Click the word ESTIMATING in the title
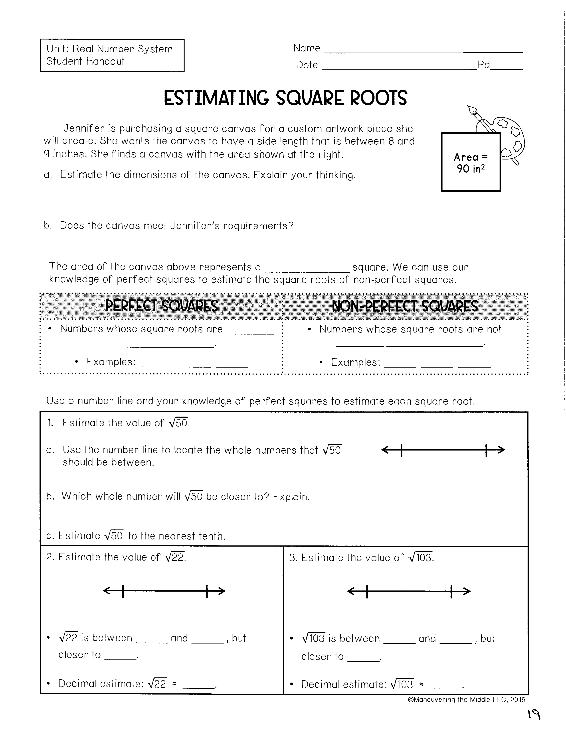[x=216, y=98]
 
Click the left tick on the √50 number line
[x=401, y=450]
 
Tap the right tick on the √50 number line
[x=486, y=450]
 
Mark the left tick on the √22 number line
[x=123, y=591]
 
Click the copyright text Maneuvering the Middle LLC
[x=466, y=699]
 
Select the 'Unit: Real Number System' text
[x=109, y=49]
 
